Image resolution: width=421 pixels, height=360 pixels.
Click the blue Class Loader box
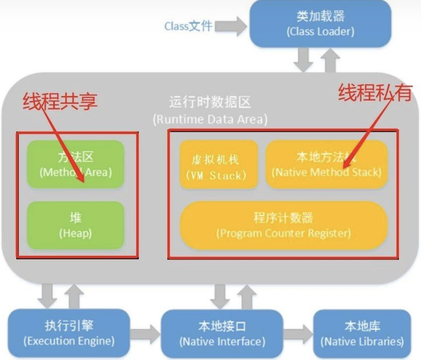click(x=320, y=24)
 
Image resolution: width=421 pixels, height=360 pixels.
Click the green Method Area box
click(x=75, y=164)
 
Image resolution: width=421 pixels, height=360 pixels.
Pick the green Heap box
click(x=75, y=225)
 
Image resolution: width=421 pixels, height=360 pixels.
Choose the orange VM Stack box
click(x=218, y=164)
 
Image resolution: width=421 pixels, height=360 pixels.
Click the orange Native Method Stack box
click(x=326, y=164)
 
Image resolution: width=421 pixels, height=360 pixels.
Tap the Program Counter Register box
click(x=283, y=225)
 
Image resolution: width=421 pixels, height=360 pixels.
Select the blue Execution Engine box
click(x=69, y=333)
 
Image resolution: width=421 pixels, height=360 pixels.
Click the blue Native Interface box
click(x=222, y=334)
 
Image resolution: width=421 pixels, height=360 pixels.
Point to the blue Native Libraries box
click(x=362, y=334)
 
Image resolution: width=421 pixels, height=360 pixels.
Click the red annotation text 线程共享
click(x=60, y=101)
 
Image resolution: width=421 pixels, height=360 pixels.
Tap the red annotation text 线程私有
click(x=375, y=92)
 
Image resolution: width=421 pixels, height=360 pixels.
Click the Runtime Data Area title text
click(x=210, y=110)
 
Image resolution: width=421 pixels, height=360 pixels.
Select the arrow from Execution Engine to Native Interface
click(x=145, y=334)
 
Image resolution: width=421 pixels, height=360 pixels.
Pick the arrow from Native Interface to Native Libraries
click(x=298, y=334)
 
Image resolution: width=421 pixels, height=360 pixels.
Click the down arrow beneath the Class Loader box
click(x=303, y=60)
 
